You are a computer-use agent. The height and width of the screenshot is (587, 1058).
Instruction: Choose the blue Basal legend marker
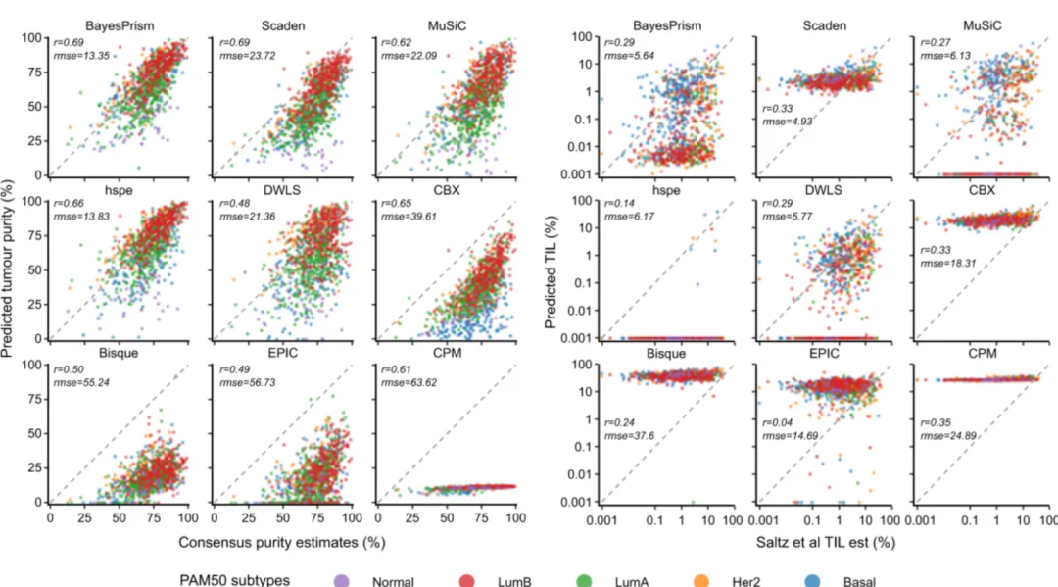[x=818, y=580]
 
